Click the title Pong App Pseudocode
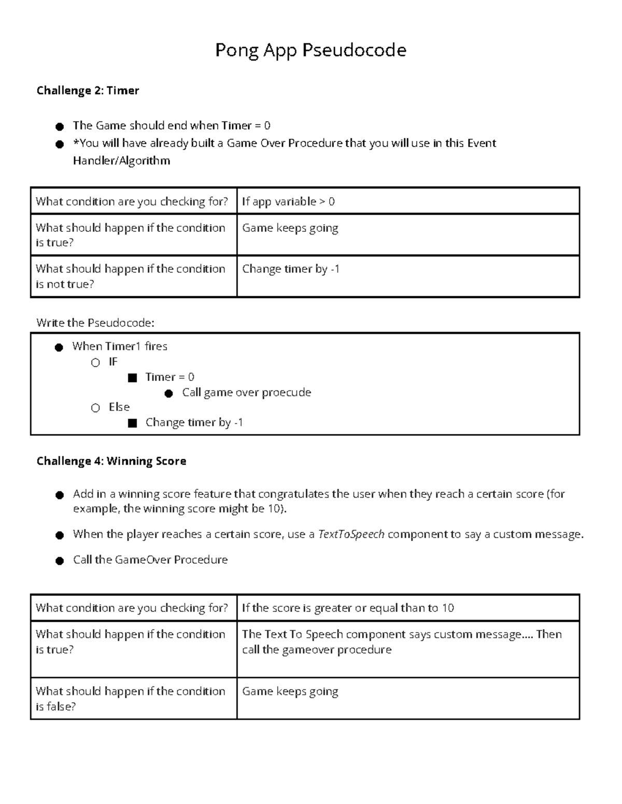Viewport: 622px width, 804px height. (x=310, y=50)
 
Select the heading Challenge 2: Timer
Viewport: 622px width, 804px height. (x=88, y=91)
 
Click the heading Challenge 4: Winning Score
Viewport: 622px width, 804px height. (x=111, y=461)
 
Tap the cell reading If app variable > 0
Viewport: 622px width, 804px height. (x=288, y=201)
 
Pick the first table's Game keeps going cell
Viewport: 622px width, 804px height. (x=290, y=228)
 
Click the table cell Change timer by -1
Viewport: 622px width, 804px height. (x=290, y=269)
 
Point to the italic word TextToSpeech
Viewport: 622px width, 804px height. (x=351, y=534)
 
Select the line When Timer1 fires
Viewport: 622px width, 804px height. (x=120, y=346)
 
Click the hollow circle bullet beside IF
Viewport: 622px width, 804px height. (x=95, y=363)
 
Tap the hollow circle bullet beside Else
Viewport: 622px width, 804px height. (x=95, y=408)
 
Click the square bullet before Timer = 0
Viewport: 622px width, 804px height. (x=132, y=378)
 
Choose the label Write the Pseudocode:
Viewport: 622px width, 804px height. (x=95, y=323)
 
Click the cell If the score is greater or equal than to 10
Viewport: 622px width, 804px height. (x=348, y=608)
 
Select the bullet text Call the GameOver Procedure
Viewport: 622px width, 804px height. (x=150, y=560)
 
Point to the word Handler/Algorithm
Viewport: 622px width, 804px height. (x=121, y=160)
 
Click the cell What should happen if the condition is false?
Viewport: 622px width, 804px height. (x=130, y=698)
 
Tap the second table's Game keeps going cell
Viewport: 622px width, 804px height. (x=290, y=692)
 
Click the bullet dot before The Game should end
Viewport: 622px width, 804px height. (x=60, y=126)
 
